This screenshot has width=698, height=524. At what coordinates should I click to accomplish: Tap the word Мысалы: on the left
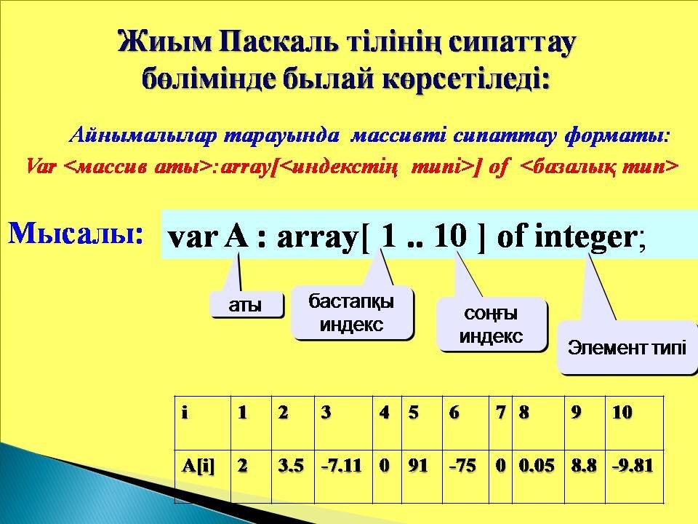pyautogui.click(x=76, y=233)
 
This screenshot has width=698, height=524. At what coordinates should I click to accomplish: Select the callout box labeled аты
pyautogui.click(x=246, y=305)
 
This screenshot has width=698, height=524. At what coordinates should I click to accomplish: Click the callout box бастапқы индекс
pyautogui.click(x=352, y=313)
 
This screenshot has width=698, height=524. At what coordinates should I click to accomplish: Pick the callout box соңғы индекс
pyautogui.click(x=491, y=325)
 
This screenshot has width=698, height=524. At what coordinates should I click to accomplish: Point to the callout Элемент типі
pyautogui.click(x=627, y=347)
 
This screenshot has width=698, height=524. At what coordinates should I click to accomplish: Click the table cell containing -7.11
pyautogui.click(x=343, y=477)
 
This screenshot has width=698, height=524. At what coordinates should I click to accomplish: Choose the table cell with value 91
pyautogui.click(x=422, y=477)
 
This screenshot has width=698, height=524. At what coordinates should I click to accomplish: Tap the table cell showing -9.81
pyautogui.click(x=634, y=477)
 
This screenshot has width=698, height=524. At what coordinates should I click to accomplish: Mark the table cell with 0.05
pyautogui.click(x=538, y=477)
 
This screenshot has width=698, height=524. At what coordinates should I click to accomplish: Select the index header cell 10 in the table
pyautogui.click(x=634, y=423)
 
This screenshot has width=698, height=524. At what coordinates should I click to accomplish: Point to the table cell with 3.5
pyautogui.click(x=293, y=477)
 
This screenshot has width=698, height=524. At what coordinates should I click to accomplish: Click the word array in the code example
pyautogui.click(x=316, y=237)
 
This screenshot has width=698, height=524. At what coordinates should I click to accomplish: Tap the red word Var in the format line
pyautogui.click(x=41, y=167)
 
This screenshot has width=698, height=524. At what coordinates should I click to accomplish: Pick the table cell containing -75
pyautogui.click(x=465, y=477)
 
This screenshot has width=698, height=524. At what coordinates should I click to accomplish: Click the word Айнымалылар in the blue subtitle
pyautogui.click(x=143, y=136)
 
